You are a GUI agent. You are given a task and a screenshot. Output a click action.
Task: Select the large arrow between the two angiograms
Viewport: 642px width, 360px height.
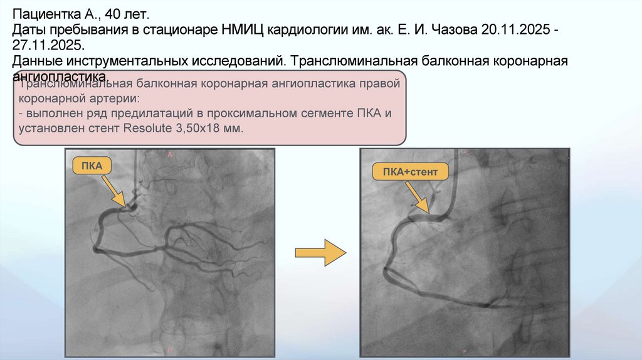(320, 252)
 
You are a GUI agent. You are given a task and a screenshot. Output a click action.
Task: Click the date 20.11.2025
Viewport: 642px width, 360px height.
(517, 29)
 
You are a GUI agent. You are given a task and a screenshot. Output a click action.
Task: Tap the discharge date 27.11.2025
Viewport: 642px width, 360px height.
(47, 46)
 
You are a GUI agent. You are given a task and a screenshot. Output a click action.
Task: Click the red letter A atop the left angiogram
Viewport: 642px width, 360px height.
(170, 154)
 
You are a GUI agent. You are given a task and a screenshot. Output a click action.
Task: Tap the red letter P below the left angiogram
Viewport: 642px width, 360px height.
(170, 346)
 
